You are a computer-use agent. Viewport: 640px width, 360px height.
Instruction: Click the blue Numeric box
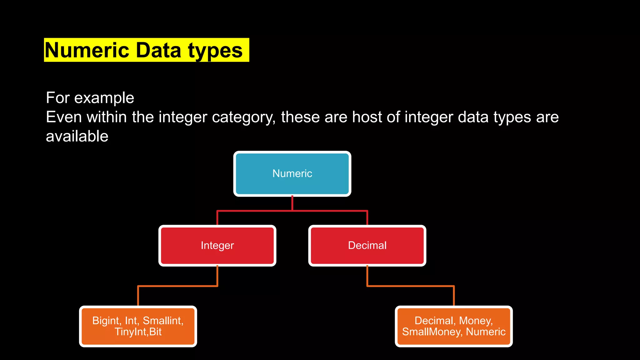pos(292,174)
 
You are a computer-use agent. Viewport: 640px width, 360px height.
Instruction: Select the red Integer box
pos(217,246)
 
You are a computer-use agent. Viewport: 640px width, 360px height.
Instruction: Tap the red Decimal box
pos(367,246)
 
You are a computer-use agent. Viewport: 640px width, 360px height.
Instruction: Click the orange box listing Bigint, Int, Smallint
pos(138,326)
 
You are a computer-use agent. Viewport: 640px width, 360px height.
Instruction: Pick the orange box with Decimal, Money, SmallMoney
pos(454,326)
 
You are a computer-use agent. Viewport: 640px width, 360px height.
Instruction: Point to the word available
pos(77,137)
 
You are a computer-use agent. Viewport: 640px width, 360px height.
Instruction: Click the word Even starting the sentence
pos(64,117)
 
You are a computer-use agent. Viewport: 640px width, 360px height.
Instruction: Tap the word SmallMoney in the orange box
pos(431,332)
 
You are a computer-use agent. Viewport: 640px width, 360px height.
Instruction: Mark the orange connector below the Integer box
pos(177,286)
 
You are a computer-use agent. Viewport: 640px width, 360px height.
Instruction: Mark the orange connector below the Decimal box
pos(411,286)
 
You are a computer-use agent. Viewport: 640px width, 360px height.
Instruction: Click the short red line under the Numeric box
pos(292,203)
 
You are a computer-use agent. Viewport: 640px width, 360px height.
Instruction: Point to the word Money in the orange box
pos(475,321)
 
